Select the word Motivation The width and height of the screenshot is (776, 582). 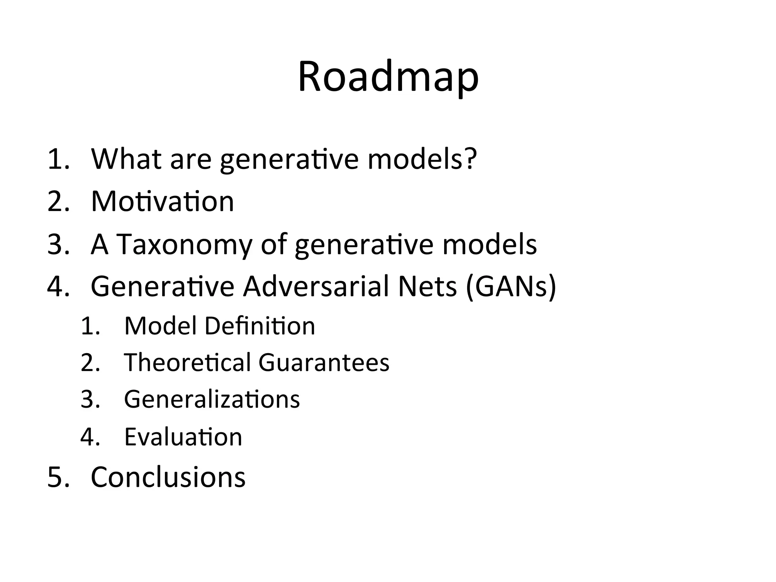(x=162, y=202)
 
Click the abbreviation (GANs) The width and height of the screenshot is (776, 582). (x=511, y=287)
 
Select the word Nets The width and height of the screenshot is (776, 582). (x=427, y=287)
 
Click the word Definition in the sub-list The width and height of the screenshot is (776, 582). (x=260, y=326)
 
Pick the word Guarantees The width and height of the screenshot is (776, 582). (x=324, y=363)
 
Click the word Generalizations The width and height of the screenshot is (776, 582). (x=212, y=399)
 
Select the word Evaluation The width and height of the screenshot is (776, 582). (x=183, y=437)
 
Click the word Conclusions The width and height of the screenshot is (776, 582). (x=168, y=477)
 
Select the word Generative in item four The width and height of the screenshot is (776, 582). (x=163, y=287)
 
